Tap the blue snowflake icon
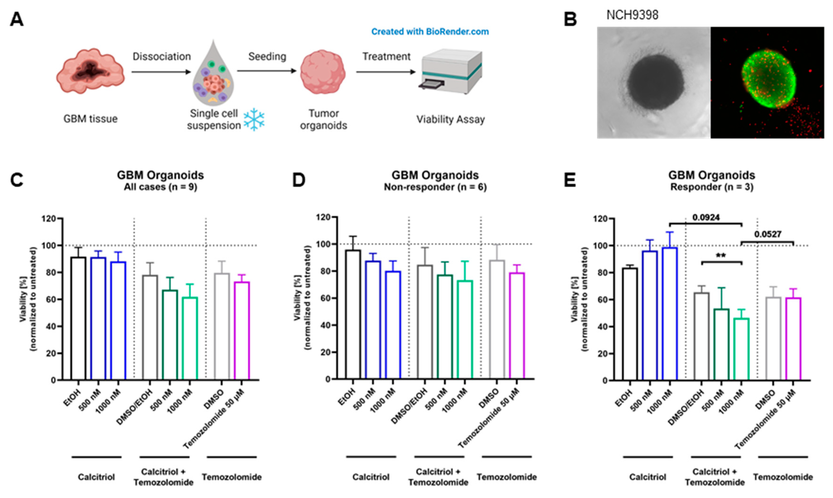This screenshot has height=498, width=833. tap(254, 119)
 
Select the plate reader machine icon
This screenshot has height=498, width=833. tap(451, 71)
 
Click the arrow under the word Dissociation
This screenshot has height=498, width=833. tap(161, 72)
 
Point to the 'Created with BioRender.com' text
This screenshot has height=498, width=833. tap(430, 31)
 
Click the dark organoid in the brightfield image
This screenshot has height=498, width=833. tap(656, 82)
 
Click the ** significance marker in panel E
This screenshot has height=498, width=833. tap(721, 256)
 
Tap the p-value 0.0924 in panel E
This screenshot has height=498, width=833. tap(706, 218)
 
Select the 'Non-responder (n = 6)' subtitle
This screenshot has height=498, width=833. tap(435, 187)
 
